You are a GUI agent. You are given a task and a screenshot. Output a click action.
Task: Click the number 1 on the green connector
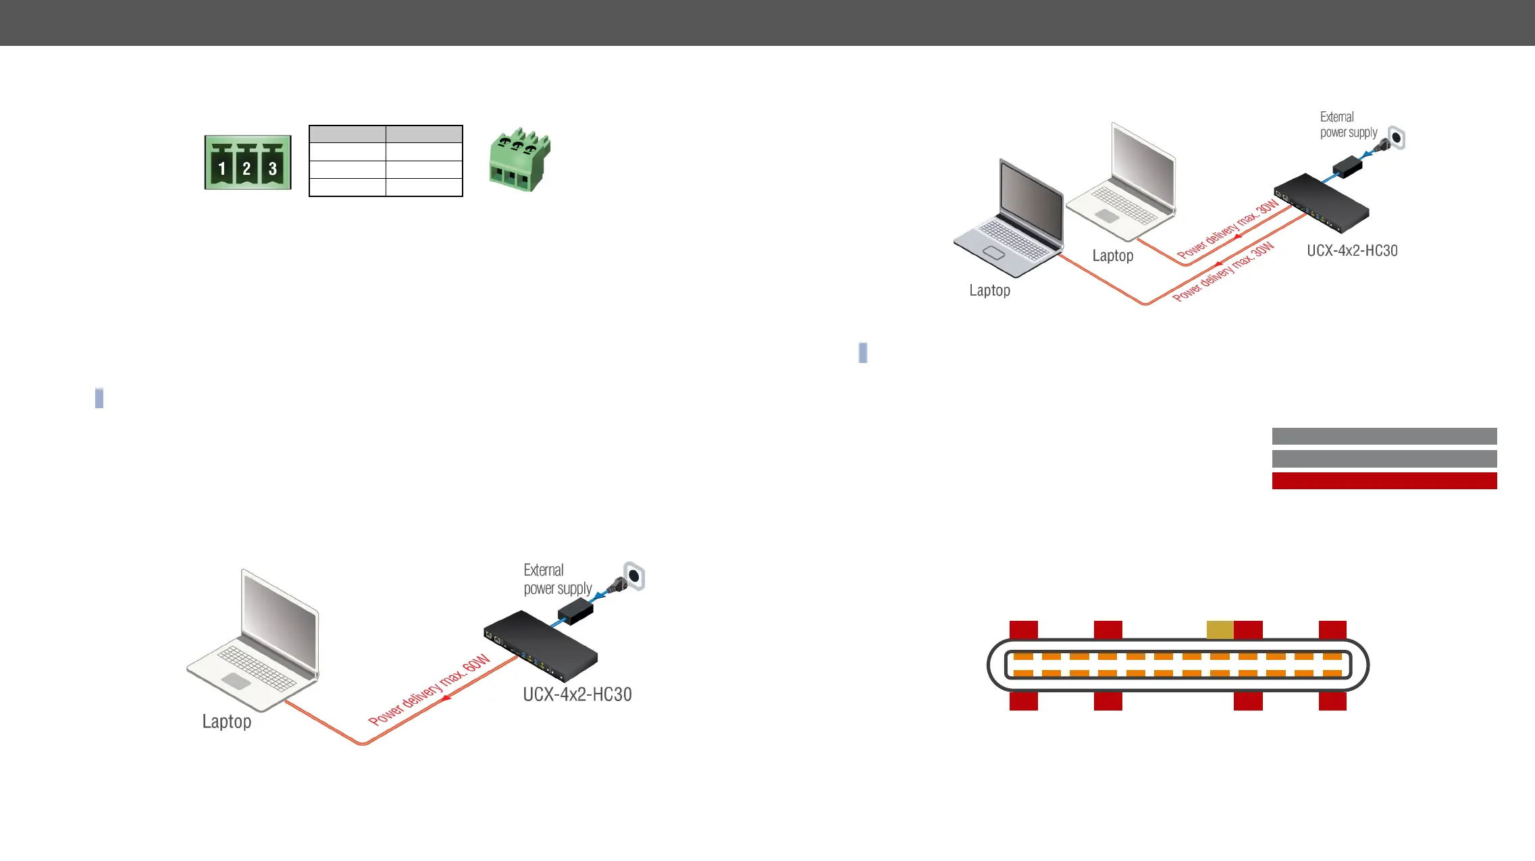tap(222, 169)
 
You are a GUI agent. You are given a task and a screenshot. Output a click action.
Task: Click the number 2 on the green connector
tap(246, 169)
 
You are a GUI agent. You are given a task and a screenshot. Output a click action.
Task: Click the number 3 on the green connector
tap(272, 169)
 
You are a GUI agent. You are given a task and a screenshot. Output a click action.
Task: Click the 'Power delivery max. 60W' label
tap(429, 690)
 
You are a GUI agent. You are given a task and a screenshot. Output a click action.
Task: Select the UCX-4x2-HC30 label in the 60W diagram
tap(577, 694)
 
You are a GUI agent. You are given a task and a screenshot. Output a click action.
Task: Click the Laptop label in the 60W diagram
tap(227, 721)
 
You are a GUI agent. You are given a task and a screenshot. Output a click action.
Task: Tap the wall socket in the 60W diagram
tap(633, 576)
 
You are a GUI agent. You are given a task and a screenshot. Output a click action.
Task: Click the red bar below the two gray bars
tap(1384, 480)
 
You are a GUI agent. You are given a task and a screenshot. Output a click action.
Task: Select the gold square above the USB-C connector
tap(1220, 630)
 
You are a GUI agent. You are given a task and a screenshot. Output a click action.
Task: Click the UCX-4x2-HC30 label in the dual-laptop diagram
tap(1352, 250)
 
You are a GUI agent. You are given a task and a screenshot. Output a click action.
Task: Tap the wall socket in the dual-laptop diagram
tap(1396, 138)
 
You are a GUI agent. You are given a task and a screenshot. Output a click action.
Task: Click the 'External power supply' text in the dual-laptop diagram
tap(1348, 125)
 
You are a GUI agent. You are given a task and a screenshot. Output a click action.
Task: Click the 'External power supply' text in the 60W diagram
tap(557, 579)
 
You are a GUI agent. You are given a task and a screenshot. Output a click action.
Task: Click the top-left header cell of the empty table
tap(347, 134)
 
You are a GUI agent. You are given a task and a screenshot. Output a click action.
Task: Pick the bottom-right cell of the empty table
tap(424, 187)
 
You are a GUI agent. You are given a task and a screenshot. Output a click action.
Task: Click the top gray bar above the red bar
tap(1384, 436)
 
